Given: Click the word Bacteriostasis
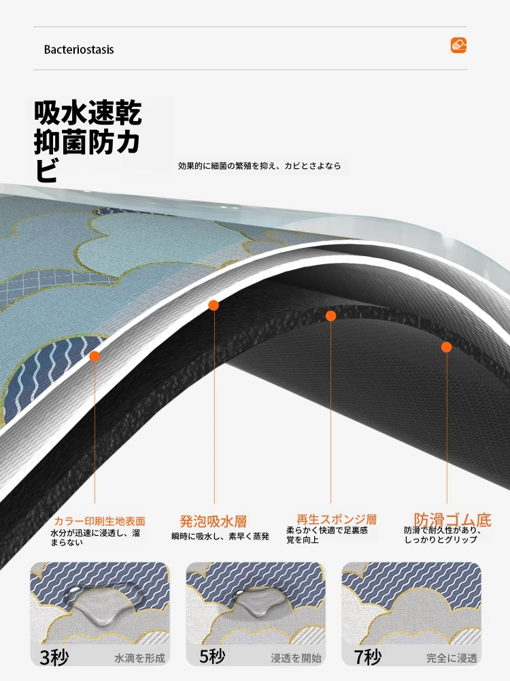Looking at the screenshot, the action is tap(79, 50).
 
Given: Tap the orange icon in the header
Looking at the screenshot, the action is tap(458, 45).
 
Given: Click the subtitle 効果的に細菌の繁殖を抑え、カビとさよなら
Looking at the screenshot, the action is tap(259, 166).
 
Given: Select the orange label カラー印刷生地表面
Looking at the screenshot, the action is tap(99, 521).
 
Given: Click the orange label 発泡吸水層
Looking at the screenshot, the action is tap(213, 521).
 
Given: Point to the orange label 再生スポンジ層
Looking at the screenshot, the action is tap(337, 519).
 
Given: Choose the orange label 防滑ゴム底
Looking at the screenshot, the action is tap(452, 520).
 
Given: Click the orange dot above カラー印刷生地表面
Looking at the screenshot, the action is tap(94, 357).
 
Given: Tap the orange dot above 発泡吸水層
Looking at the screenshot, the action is tap(213, 305).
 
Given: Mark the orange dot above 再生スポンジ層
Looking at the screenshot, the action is tap(331, 316).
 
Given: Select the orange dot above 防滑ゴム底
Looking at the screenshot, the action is tap(446, 347).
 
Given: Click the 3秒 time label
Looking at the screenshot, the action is tap(54, 658).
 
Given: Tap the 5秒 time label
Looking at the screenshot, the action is tap(212, 656).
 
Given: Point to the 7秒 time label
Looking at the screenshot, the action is tap(368, 656).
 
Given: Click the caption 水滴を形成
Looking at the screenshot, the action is tap(139, 659).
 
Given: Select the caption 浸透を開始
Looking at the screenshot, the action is tap(296, 659).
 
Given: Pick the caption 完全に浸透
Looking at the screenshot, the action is tap(452, 659).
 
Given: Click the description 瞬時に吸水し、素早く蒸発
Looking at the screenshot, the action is tap(220, 537).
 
